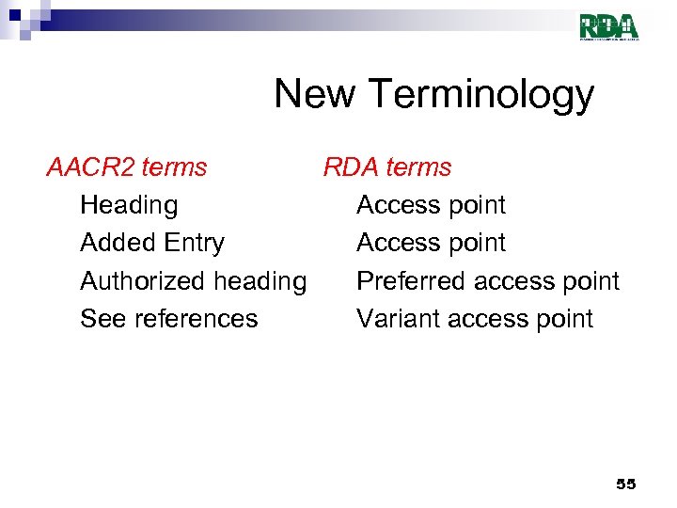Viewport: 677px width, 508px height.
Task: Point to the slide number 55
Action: pos(625,484)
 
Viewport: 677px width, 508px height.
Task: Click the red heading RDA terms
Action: pos(387,167)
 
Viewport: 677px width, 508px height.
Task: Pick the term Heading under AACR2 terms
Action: pos(129,206)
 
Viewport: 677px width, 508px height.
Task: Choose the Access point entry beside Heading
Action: pos(431,205)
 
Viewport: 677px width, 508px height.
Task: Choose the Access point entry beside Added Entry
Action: pos(431,243)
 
